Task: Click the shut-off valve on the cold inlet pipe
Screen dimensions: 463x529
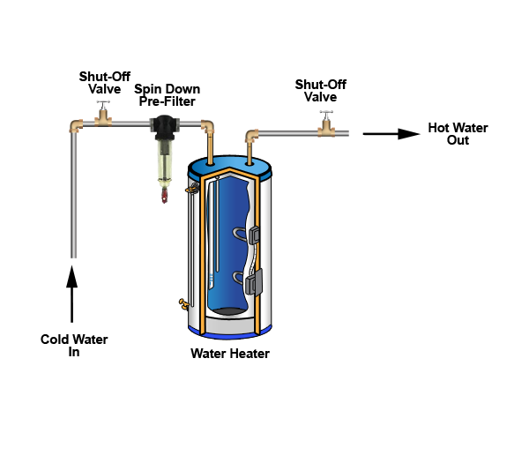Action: click(104, 118)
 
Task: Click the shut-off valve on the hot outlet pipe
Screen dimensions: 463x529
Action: click(327, 129)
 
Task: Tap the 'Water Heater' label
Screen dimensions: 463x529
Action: click(230, 355)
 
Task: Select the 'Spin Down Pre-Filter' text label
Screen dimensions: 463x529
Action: click(167, 95)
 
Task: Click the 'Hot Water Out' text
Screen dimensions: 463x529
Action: click(458, 134)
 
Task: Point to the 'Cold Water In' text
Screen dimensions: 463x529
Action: click(68, 345)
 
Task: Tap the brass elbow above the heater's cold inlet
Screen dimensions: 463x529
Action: click(209, 129)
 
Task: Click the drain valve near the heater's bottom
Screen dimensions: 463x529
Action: click(184, 303)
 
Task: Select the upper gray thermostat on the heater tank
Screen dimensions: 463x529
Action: click(253, 235)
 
